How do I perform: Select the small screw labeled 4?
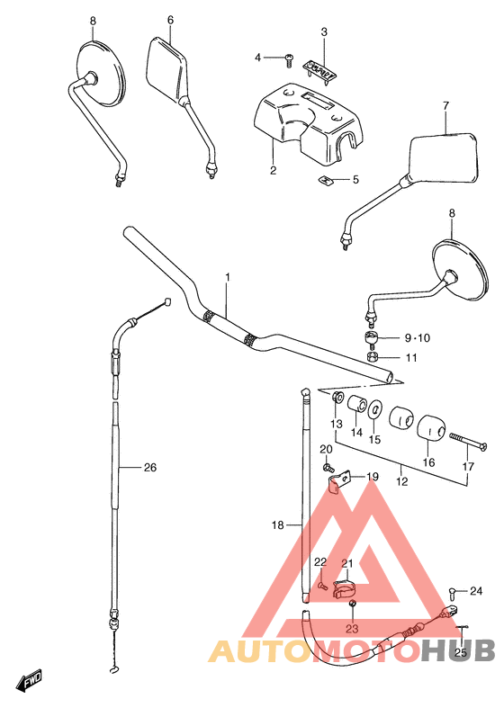click(287, 58)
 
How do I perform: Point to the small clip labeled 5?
click(326, 180)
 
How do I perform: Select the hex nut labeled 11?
click(372, 358)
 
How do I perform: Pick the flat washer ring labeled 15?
click(374, 410)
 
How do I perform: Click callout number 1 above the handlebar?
click(228, 278)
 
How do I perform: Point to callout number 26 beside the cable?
click(149, 467)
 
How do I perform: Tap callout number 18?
click(278, 524)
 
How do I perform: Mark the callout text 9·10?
click(418, 338)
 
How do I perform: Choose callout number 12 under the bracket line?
click(401, 482)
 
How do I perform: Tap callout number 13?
click(336, 424)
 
